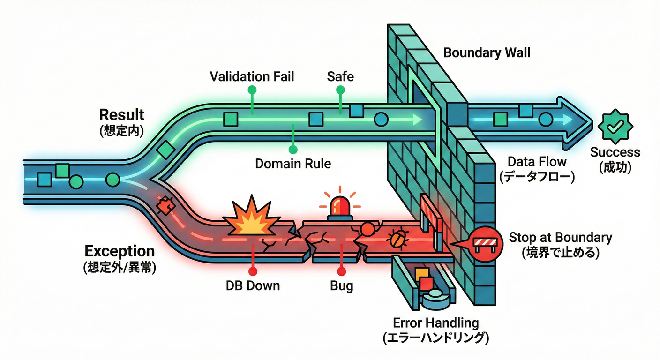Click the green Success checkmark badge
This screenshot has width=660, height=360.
(x=615, y=125)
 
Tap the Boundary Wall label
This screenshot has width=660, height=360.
(x=487, y=52)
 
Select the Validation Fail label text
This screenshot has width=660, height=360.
(x=252, y=76)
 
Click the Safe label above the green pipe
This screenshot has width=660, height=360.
(x=340, y=76)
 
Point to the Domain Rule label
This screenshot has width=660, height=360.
(x=293, y=164)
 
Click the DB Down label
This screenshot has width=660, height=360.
(x=253, y=285)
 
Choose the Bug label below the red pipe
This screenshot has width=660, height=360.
(x=341, y=285)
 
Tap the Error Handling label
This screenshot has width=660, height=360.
(x=435, y=323)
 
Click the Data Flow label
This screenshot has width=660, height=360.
(x=537, y=162)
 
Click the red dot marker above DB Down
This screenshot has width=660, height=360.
(x=253, y=270)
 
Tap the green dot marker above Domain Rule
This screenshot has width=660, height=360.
(x=293, y=150)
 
